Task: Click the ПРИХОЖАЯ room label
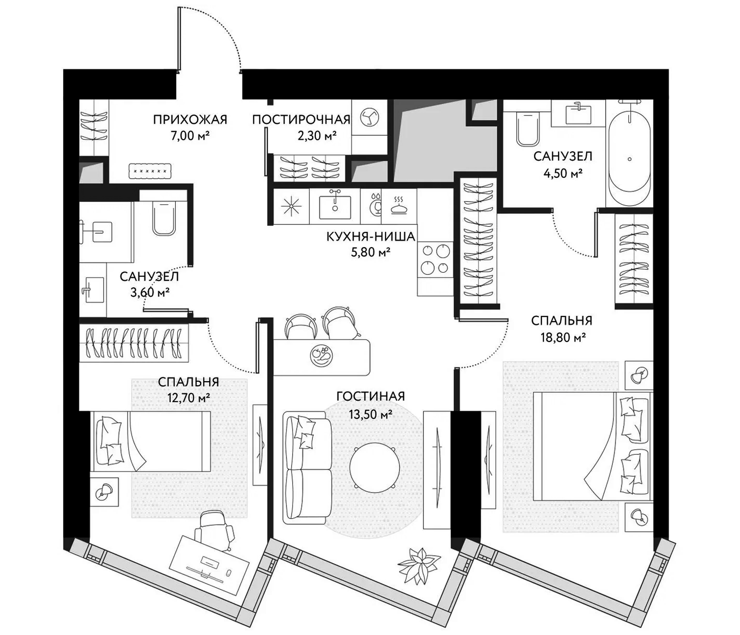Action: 190,120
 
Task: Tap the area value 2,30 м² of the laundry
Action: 317,135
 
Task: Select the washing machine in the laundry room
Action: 369,117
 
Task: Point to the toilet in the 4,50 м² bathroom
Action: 528,129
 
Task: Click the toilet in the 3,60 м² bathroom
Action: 164,217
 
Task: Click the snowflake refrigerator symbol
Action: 291,207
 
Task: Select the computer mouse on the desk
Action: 229,573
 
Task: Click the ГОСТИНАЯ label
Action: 370,396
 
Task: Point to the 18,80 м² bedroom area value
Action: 563,337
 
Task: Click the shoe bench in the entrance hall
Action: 150,171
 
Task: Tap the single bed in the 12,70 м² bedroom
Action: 152,441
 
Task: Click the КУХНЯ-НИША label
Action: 371,236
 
